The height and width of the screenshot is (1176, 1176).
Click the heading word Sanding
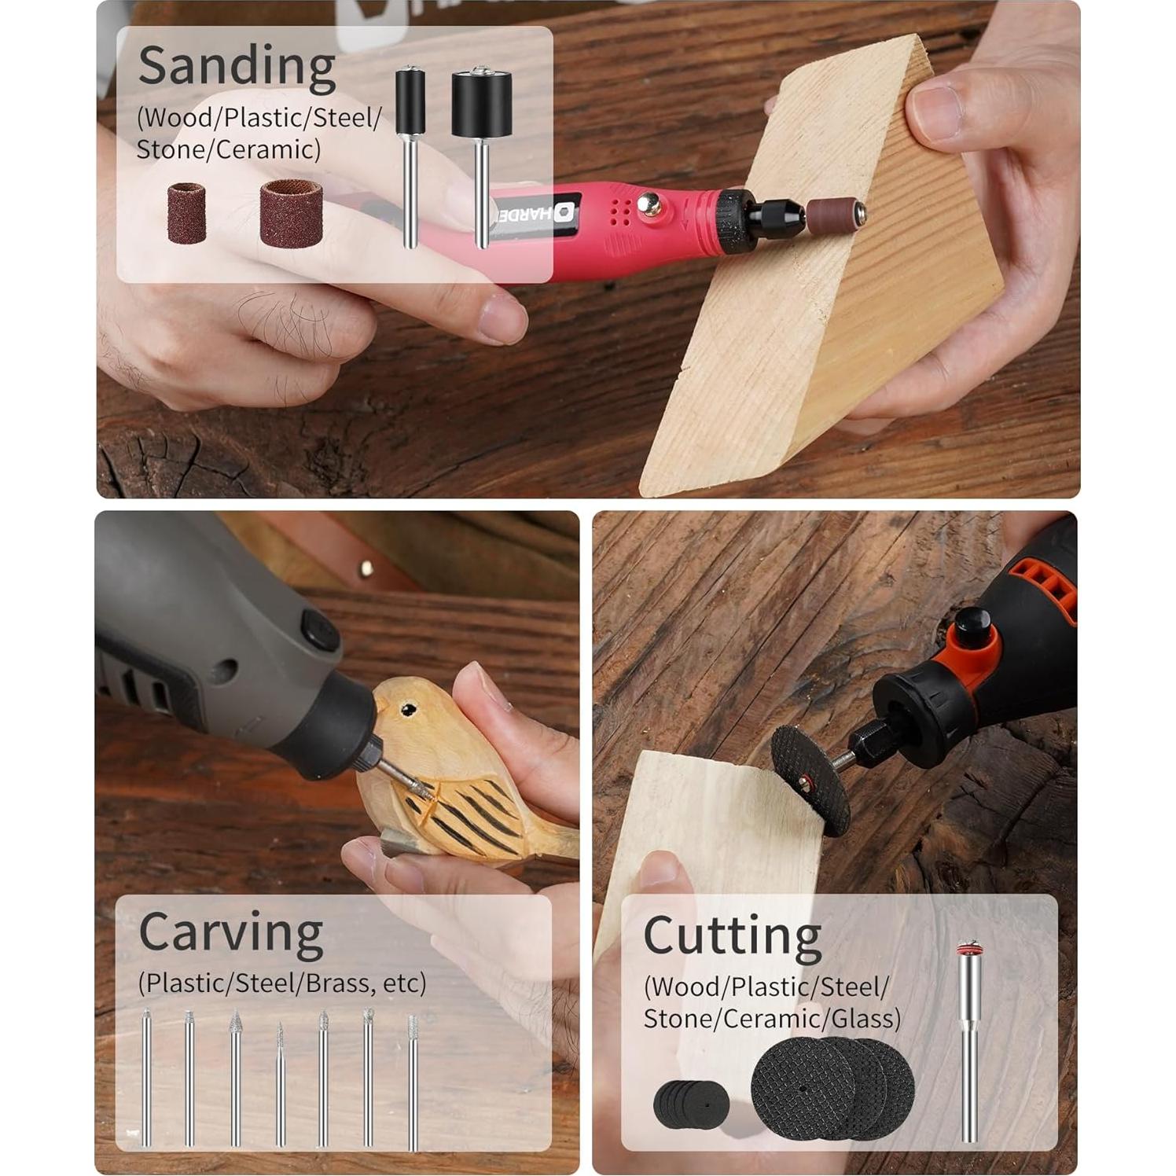point(237,66)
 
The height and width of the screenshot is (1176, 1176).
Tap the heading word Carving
point(230,933)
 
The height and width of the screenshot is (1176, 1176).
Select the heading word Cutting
point(732,935)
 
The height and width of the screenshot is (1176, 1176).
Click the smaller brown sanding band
point(186,212)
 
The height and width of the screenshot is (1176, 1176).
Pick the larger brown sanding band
point(291,212)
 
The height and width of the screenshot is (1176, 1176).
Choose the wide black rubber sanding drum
point(481,104)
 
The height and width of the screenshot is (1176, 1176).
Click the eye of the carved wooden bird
point(408,711)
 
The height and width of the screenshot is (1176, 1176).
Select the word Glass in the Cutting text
point(865,1019)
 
